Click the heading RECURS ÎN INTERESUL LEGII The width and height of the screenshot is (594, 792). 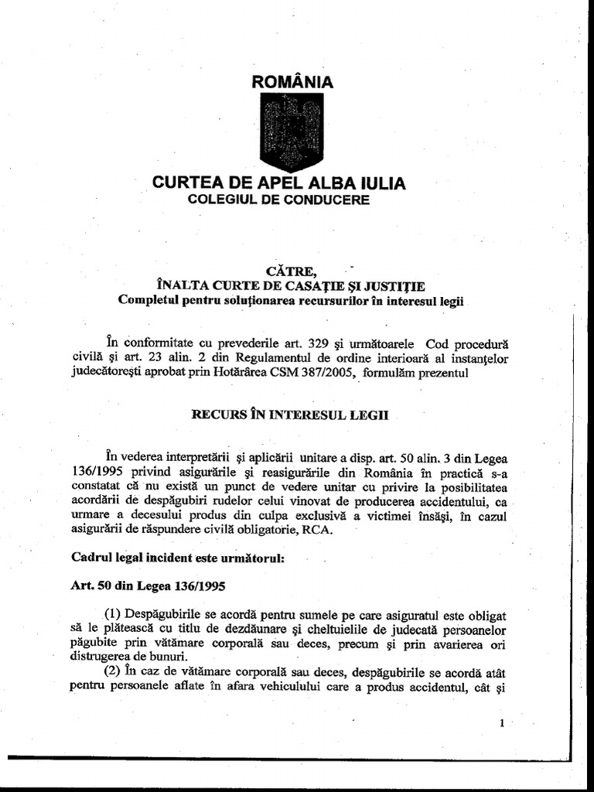coord(290,415)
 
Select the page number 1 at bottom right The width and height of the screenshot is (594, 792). coord(502,724)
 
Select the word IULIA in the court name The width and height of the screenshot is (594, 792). coord(380,183)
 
